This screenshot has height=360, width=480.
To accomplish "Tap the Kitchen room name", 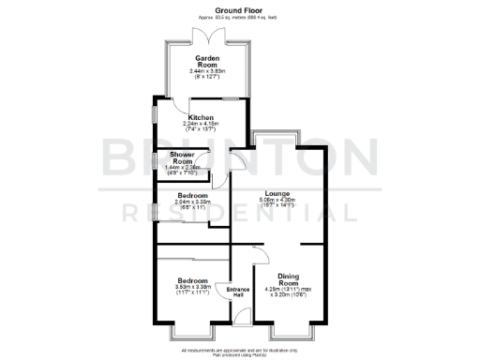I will coord(202,116).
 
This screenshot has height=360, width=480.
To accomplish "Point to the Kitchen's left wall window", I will coord(156,120).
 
